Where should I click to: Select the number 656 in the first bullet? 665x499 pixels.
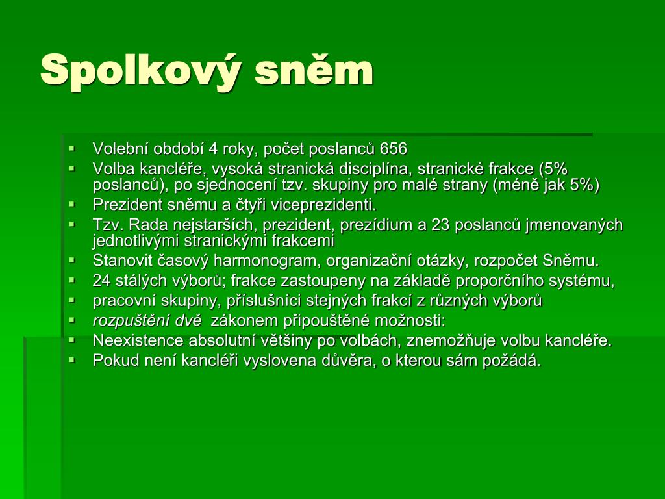point(394,149)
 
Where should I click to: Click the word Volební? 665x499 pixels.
point(120,149)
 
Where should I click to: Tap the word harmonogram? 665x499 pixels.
point(266,261)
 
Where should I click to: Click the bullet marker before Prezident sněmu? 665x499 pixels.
point(71,204)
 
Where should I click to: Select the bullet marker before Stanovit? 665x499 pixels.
point(71,260)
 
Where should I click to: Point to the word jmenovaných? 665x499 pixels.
point(574,225)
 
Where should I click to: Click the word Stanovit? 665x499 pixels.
point(122,261)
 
